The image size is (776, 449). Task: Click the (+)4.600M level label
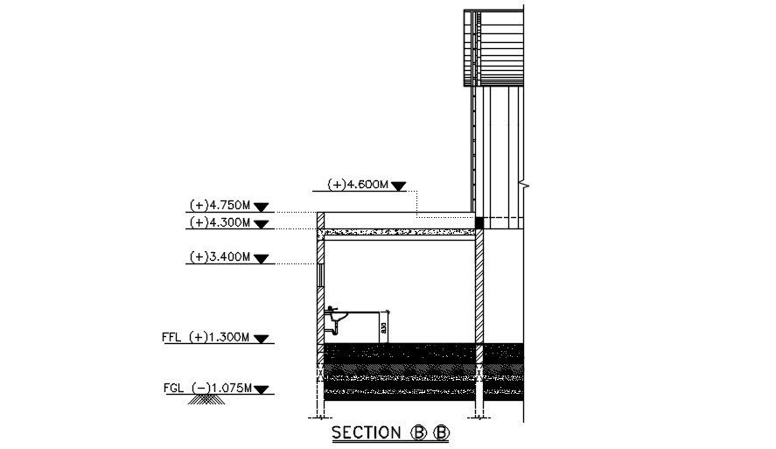pos(358,185)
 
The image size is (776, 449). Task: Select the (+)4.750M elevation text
pos(219,206)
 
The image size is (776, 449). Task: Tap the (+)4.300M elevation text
pos(219,223)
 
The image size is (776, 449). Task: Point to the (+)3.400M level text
pos(219,257)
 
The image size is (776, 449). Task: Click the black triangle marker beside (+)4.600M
pos(399,186)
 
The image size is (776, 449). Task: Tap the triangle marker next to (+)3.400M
pos(262,258)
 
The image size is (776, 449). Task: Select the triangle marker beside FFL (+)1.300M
pos(262,338)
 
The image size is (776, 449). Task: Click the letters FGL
pos(173,388)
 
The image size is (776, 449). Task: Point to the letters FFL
pos(171,337)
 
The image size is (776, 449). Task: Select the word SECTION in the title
pos(364,433)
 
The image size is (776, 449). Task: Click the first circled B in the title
pos(417,433)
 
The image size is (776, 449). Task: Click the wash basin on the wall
pos(337,314)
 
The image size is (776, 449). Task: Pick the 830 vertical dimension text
pos(383,330)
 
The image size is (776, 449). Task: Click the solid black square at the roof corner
pos(479,223)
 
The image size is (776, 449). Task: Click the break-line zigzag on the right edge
pos(521,184)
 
